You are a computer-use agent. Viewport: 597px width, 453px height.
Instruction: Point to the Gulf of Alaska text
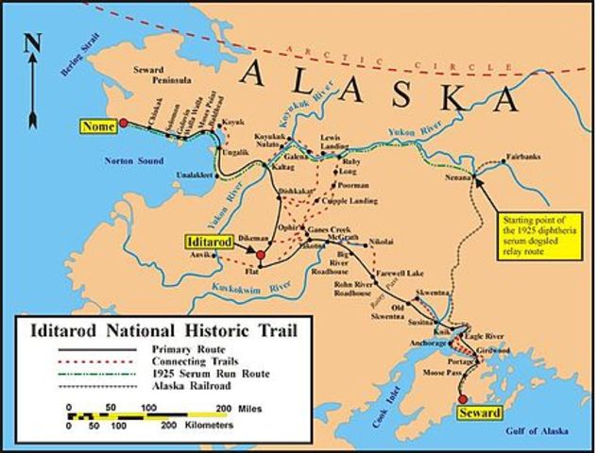(534, 430)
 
